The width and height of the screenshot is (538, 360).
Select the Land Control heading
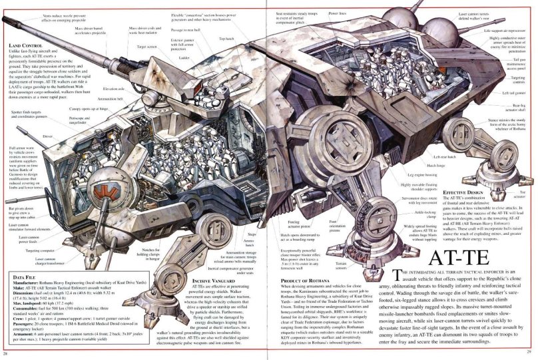[25, 45]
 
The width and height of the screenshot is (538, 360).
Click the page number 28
[5, 353]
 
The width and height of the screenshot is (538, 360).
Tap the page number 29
[529, 353]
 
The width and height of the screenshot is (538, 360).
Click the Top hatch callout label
[226, 39]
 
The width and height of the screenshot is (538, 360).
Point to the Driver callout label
[47, 136]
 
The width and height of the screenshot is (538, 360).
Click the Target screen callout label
[146, 47]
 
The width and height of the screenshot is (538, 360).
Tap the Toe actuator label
[521, 194]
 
